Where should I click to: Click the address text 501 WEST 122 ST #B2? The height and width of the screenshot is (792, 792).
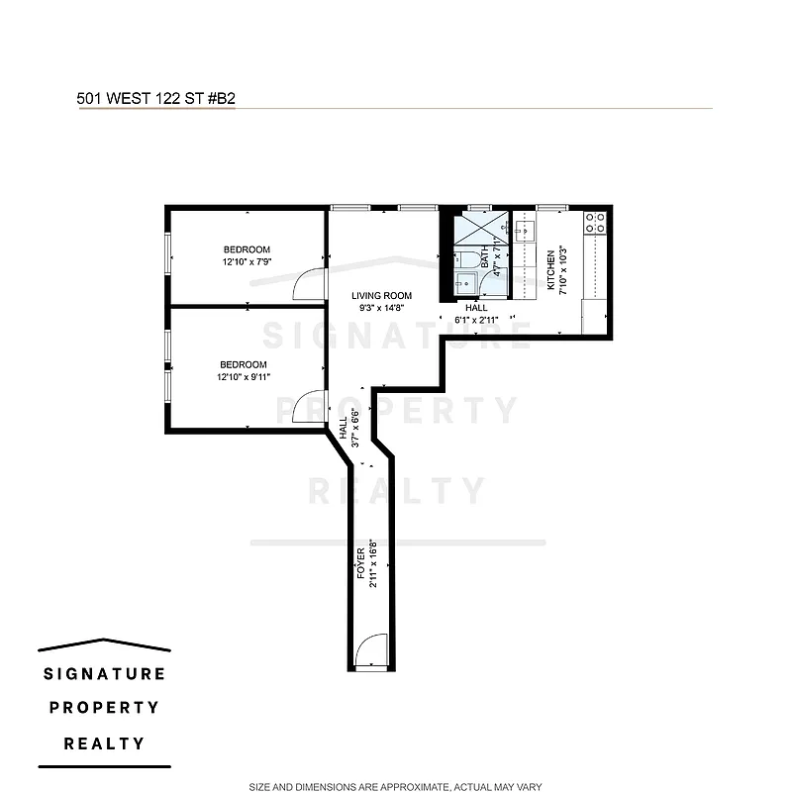(155, 99)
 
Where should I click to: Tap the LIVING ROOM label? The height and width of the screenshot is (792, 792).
(381, 296)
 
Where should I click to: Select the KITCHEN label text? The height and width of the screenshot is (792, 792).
(551, 270)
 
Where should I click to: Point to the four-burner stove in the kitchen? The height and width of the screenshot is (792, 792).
(595, 224)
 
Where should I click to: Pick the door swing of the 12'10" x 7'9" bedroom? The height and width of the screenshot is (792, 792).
(310, 283)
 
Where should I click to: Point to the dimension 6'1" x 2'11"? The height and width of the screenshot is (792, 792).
(476, 320)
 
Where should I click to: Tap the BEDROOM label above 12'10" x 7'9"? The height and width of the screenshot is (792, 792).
(246, 249)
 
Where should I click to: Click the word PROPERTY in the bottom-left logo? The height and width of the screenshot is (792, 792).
(104, 708)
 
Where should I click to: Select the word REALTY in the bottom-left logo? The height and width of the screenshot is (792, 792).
(104, 743)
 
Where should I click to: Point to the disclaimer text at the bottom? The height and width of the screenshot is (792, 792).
(395, 787)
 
